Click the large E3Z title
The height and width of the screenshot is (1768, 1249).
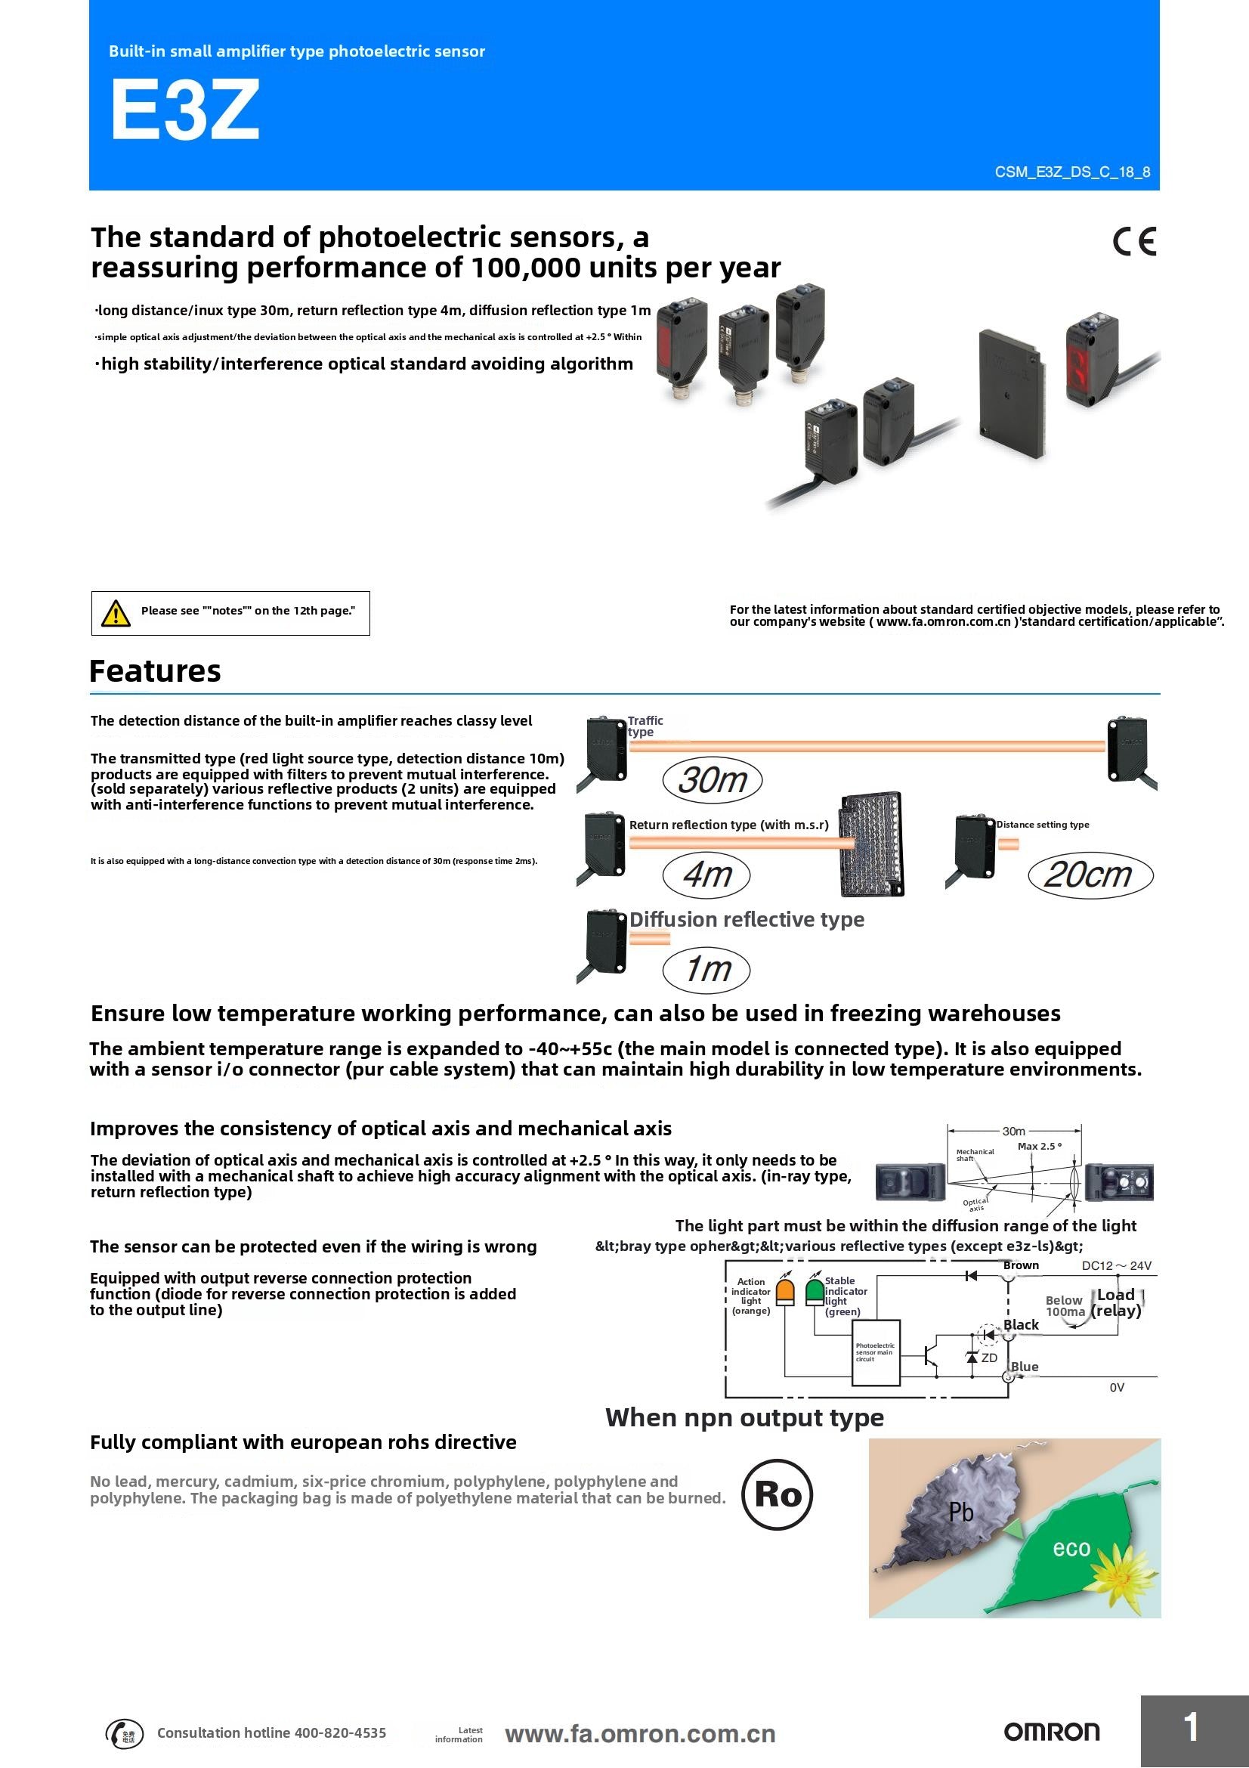pyautogui.click(x=184, y=110)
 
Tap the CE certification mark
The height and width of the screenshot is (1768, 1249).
pyautogui.click(x=1133, y=242)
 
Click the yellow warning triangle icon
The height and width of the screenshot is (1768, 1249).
pyautogui.click(x=116, y=613)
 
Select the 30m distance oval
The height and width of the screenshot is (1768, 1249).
pyautogui.click(x=712, y=779)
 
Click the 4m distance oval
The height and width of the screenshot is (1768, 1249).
pyautogui.click(x=706, y=875)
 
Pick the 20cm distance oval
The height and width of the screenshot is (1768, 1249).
pyautogui.click(x=1090, y=874)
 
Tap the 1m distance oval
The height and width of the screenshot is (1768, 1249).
pyautogui.click(x=706, y=969)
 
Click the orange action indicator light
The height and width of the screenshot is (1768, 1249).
pyautogui.click(x=784, y=1291)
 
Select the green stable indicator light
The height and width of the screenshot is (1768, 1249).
pyautogui.click(x=815, y=1291)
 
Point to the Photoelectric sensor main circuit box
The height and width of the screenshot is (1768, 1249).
pyautogui.click(x=876, y=1353)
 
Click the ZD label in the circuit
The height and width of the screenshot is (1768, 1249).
pyautogui.click(x=989, y=1358)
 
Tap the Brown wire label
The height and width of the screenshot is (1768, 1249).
pyautogui.click(x=1021, y=1265)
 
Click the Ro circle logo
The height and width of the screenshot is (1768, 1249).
pyautogui.click(x=778, y=1494)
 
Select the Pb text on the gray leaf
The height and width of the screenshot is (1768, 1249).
pyautogui.click(x=960, y=1512)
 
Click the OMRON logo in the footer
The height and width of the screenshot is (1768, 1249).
pyautogui.click(x=1051, y=1732)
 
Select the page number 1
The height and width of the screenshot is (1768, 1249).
pyautogui.click(x=1192, y=1727)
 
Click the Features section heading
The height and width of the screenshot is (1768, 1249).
pyautogui.click(x=156, y=670)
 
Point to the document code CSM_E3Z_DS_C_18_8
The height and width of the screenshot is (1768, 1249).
pyautogui.click(x=1072, y=172)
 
